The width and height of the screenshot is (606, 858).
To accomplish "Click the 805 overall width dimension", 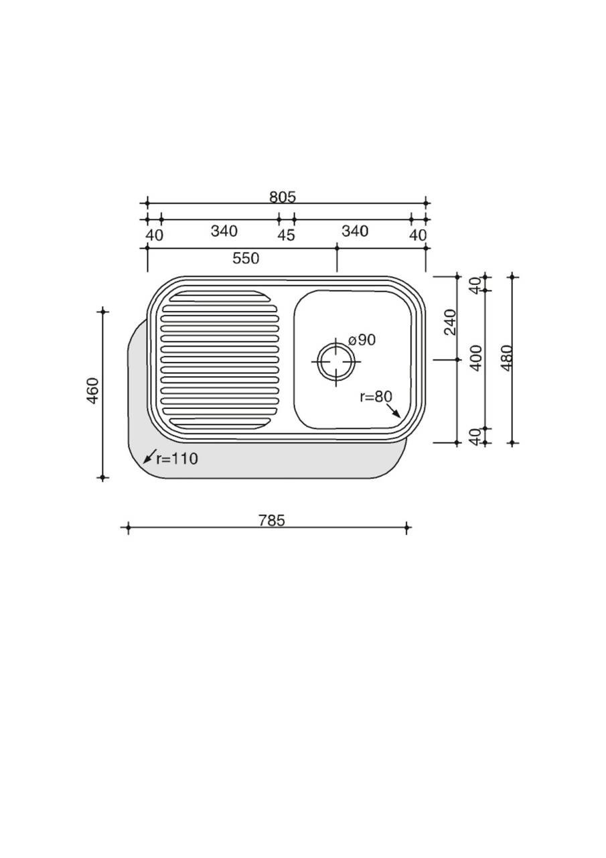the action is (283, 197).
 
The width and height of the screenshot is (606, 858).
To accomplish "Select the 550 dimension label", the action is (246, 258).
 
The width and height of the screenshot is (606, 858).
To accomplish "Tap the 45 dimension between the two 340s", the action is (286, 235).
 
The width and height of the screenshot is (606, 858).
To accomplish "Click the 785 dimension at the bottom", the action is (272, 521).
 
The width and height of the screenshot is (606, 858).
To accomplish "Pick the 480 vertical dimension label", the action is (506, 358).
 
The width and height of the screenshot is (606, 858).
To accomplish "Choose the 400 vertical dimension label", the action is (476, 358).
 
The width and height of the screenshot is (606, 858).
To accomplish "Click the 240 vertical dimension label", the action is (451, 322).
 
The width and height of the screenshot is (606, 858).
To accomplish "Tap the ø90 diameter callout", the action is (362, 340).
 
